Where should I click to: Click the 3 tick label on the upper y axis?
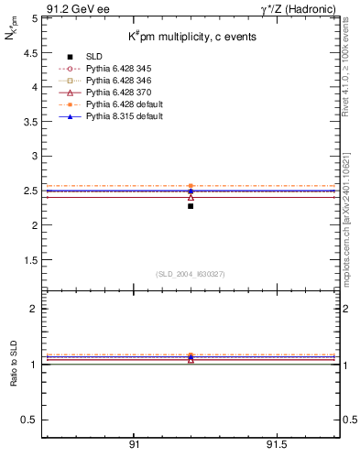pyautogui.click(x=33, y=156)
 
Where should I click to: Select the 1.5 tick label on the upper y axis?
pyautogui.click(x=29, y=260)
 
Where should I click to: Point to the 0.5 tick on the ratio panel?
pyautogui.click(x=29, y=420)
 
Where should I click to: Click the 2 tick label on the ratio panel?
pyautogui.click(x=33, y=309)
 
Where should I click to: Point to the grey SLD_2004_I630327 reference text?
pyautogui.click(x=191, y=274)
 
